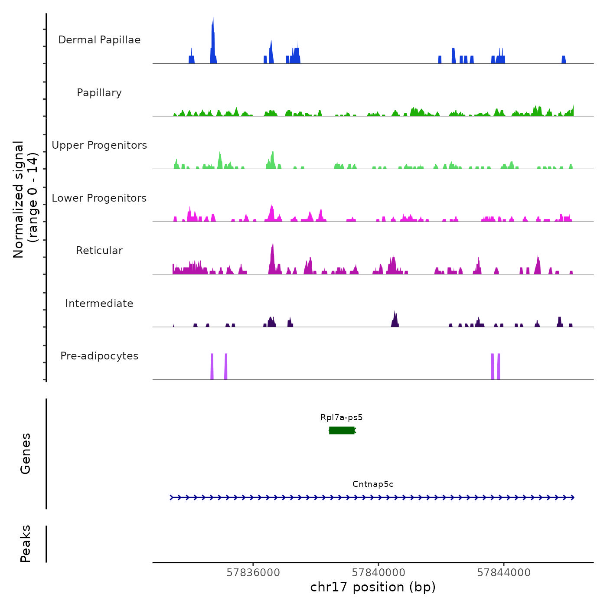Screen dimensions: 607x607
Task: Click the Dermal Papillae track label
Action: [99, 40]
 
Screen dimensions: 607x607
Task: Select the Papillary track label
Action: [99, 93]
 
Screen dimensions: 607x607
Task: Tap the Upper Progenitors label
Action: [99, 145]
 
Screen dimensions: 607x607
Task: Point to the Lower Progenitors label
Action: [99, 198]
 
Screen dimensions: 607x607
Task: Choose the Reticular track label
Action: [99, 251]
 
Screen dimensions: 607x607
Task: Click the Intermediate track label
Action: [99, 303]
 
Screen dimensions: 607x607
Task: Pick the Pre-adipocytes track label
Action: [99, 356]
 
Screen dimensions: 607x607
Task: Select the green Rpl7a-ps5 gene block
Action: [342, 430]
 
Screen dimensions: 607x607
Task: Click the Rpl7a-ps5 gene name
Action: [342, 418]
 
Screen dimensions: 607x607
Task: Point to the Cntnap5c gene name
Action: [373, 484]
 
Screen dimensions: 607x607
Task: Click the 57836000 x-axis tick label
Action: [253, 573]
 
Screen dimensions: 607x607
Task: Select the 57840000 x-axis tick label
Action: [379, 573]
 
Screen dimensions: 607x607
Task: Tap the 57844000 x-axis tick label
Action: [504, 573]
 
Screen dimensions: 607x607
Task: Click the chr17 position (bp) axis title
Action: [373, 587]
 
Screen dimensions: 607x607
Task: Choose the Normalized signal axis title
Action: [25, 199]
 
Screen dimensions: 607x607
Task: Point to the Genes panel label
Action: [26, 454]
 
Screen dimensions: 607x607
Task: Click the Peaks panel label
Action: [26, 544]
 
